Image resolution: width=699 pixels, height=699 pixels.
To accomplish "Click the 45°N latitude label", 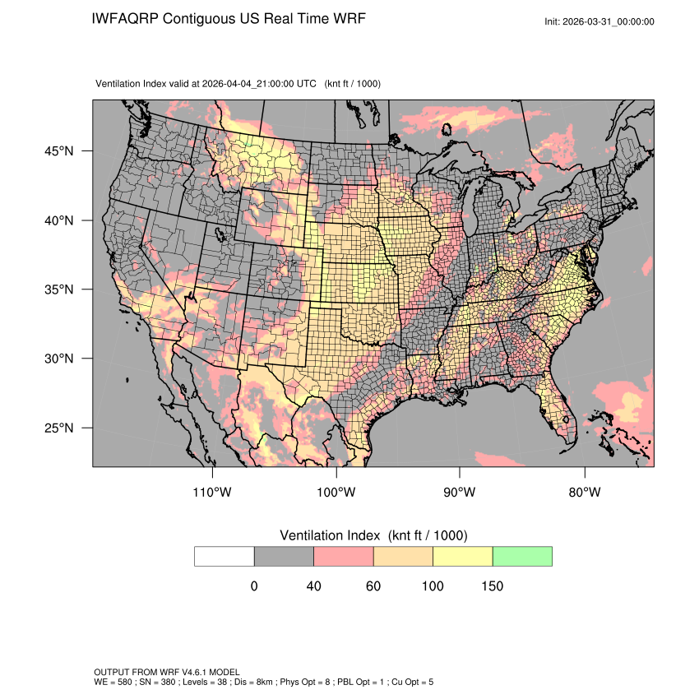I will tap(59, 151).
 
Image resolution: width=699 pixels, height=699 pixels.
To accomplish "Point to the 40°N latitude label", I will tap(59, 220).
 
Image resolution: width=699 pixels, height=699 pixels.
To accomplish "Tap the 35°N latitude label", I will tap(59, 289).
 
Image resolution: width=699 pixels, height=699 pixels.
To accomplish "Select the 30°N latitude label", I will tap(59, 359).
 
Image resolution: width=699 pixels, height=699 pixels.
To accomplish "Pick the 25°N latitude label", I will tap(59, 428).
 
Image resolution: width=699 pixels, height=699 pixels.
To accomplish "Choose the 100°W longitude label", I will tap(336, 493).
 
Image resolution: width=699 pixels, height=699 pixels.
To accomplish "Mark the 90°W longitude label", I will tap(460, 493).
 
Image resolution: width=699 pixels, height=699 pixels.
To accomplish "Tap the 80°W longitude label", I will tap(584, 493).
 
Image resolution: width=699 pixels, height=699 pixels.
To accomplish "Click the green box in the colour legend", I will tap(522, 556).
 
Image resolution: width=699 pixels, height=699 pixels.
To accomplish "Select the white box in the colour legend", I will tap(225, 556).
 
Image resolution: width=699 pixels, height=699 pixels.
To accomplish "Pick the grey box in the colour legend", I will tap(284, 556).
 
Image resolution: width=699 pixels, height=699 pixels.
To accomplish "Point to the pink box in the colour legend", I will tap(344, 556).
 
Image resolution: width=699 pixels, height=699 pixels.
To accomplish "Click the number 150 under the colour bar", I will tap(492, 586).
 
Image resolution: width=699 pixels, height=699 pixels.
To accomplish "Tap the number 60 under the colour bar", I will tap(373, 586).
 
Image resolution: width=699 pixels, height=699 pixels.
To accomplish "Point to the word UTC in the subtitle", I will tap(306, 84).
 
